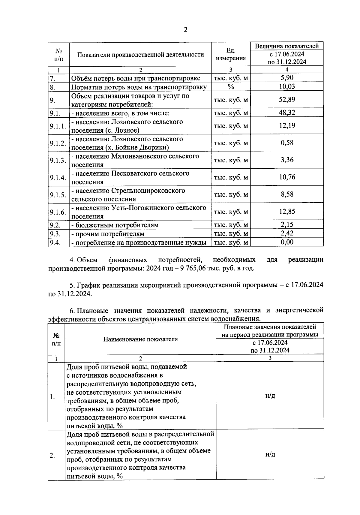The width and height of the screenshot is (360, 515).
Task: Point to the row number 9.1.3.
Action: click(58, 160)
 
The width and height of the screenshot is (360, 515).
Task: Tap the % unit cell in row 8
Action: click(231, 87)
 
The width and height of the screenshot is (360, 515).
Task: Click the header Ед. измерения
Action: click(231, 54)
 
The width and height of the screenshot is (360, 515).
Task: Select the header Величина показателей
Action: click(287, 46)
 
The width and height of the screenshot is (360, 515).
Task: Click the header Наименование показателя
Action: click(140, 339)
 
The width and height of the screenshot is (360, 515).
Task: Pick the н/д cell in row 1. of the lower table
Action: click(270, 396)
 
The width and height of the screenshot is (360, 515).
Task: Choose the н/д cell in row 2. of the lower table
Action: click(270, 455)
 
